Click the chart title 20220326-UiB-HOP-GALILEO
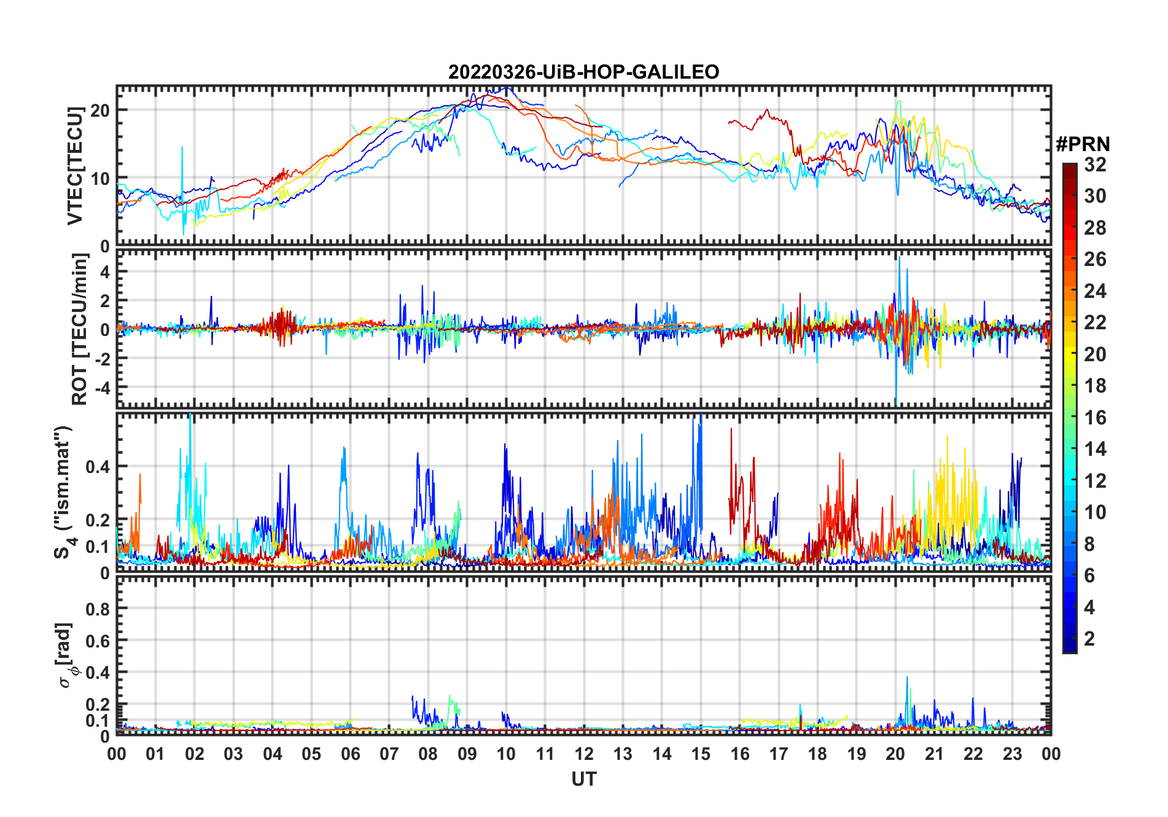pyautogui.click(x=583, y=72)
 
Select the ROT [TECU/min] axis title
pyautogui.click(x=79, y=329)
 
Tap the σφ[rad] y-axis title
pyautogui.click(x=66, y=655)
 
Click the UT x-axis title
pyautogui.click(x=583, y=780)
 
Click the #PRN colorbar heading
pyautogui.click(x=1083, y=144)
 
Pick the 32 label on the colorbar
pyautogui.click(x=1095, y=165)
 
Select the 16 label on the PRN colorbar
pyautogui.click(x=1095, y=418)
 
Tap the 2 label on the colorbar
pyautogui.click(x=1089, y=639)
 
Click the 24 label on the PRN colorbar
pyautogui.click(x=1095, y=291)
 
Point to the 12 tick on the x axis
pyautogui.click(x=583, y=754)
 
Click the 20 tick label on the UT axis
pyautogui.click(x=895, y=754)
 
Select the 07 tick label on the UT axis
pyautogui.click(x=389, y=754)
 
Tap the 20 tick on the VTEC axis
pyautogui.click(x=100, y=111)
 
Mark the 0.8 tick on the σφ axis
pyautogui.click(x=98, y=609)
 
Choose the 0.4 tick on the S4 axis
pyautogui.click(x=98, y=466)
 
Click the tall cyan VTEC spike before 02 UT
pyautogui.click(x=182, y=149)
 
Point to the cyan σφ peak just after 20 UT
pyautogui.click(x=907, y=678)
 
